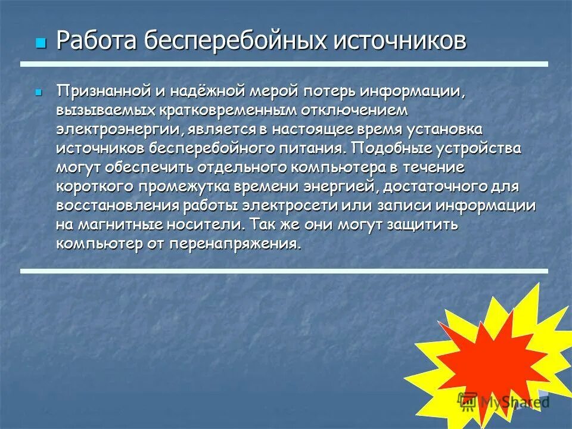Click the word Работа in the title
(x=98, y=42)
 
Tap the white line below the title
(x=284, y=64)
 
